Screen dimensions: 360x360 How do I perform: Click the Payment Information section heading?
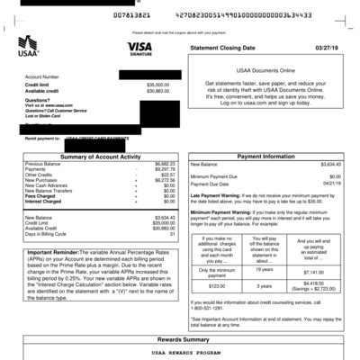click(266, 157)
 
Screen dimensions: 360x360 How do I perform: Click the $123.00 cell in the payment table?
click(217, 284)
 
